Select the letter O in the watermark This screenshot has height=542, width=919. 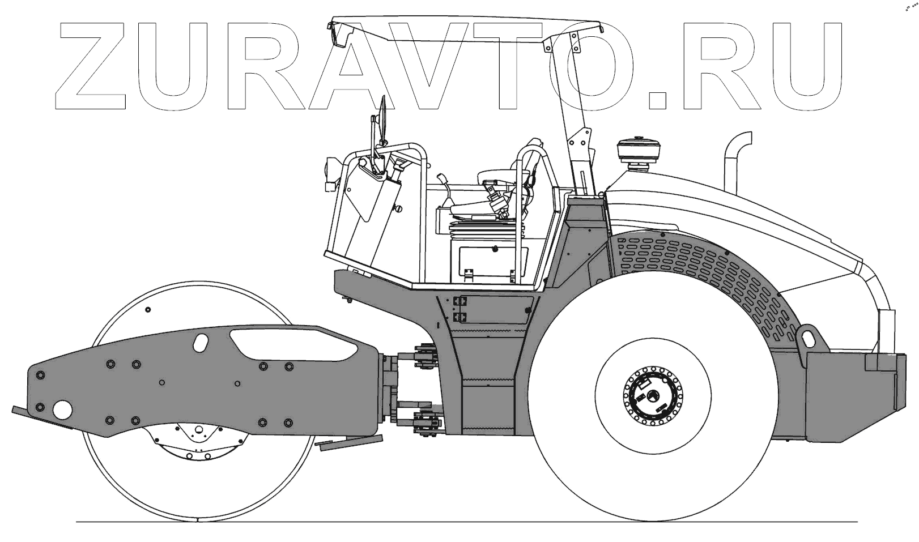point(590,66)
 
